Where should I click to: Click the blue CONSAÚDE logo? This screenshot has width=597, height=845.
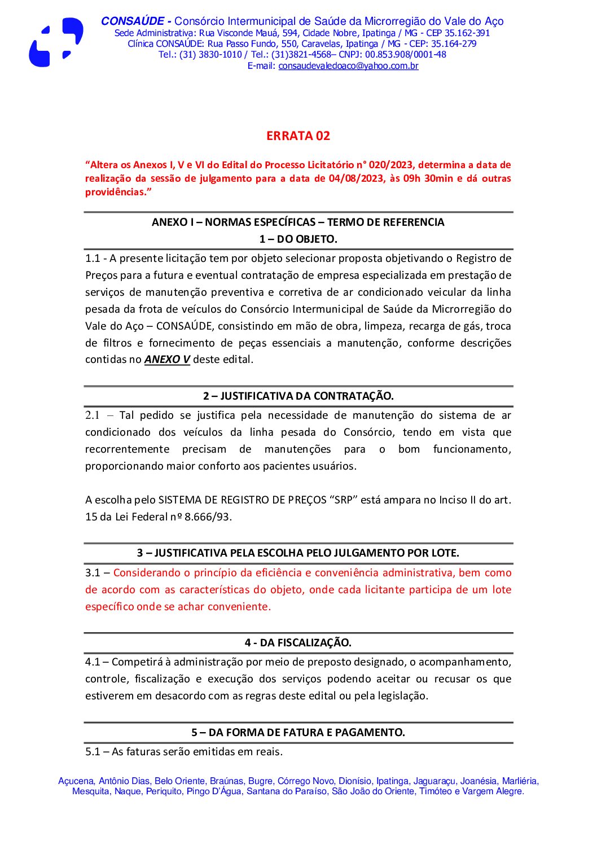[x=56, y=42]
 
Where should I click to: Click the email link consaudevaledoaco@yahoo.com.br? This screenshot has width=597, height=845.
[x=348, y=66]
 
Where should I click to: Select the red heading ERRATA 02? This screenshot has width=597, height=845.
[x=298, y=136]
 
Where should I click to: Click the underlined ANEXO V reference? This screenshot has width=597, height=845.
[x=167, y=360]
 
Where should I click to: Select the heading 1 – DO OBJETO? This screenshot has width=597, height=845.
[x=298, y=239]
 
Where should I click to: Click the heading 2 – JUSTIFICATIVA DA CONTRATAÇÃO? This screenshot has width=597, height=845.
[x=298, y=396]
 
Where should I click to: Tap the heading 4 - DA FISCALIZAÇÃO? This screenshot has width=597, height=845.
[x=298, y=643]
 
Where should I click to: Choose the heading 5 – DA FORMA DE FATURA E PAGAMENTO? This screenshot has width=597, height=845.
[x=298, y=733]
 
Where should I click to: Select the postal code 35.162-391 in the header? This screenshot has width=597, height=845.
[x=467, y=33]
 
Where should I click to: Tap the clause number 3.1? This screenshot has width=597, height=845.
[x=93, y=573]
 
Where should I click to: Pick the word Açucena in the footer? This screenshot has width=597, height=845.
[x=76, y=781]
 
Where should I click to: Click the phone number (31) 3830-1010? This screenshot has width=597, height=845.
[x=210, y=55]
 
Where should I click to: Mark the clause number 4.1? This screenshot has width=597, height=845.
[x=93, y=662]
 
